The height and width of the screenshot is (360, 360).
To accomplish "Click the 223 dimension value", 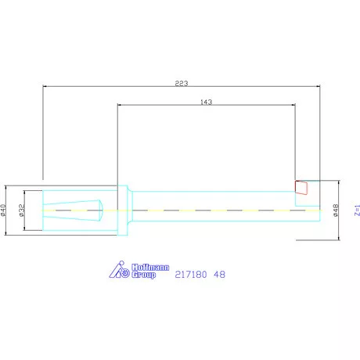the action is click(182, 83).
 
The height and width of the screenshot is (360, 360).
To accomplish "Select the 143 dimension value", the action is click(206, 102).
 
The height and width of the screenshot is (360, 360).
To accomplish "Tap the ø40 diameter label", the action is click(3, 211).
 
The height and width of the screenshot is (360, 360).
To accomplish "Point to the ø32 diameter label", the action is click(22, 211).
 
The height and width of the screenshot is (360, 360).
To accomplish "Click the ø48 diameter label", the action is click(336, 211).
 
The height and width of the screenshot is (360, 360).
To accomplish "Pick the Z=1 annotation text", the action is click(357, 211).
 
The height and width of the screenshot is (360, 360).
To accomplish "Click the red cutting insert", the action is click(301, 188).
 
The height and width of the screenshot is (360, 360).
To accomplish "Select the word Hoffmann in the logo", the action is click(150, 268).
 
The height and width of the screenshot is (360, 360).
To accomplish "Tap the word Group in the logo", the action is click(144, 275).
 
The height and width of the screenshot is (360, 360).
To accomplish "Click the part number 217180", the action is click(191, 275).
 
